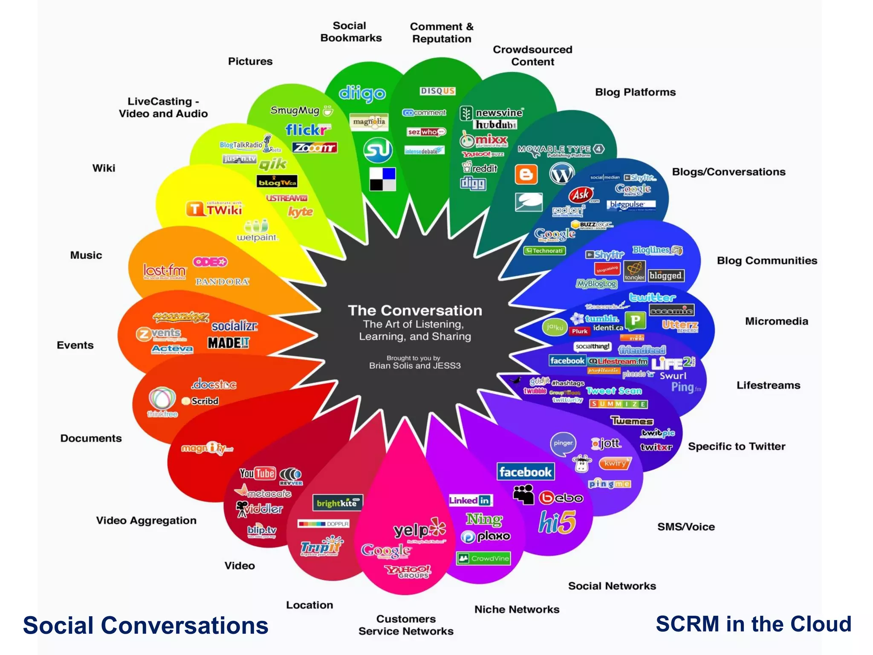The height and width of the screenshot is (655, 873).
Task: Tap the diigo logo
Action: (362, 94)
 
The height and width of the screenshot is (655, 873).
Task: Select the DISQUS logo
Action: (438, 91)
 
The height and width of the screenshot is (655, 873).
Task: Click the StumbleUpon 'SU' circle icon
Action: (378, 150)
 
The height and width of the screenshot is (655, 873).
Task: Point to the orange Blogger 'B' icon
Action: (526, 174)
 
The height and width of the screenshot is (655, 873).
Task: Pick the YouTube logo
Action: (257, 473)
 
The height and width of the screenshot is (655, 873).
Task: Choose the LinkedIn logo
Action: (470, 500)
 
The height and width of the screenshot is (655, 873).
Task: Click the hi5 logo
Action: (557, 522)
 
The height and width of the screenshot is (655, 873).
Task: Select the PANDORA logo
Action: (222, 281)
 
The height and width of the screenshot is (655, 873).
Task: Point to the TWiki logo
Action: (214, 209)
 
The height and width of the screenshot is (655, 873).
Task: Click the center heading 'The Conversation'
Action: (415, 310)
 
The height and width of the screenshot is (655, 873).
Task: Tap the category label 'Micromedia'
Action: (776, 321)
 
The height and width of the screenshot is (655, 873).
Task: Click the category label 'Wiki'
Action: (104, 168)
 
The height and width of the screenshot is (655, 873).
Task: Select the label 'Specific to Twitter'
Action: (736, 446)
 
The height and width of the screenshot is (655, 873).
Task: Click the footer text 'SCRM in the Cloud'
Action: (753, 624)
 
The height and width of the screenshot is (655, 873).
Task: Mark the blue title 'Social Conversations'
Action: (145, 626)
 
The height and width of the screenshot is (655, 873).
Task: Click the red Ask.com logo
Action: (581, 195)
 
